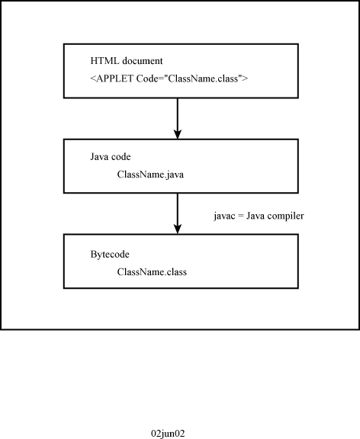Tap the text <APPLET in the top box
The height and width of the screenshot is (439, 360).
pos(111,79)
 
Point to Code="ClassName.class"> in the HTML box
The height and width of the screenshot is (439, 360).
pos(192,79)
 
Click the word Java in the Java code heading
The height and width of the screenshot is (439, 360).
pos(99,156)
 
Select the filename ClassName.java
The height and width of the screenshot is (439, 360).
pos(150,175)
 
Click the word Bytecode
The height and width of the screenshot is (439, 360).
pos(110,255)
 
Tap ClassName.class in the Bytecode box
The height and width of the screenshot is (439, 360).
pos(152,272)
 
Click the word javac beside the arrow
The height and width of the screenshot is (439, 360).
pos(224,216)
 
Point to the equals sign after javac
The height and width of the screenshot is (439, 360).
pos(241,216)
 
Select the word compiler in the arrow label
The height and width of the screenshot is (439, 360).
pos(286,216)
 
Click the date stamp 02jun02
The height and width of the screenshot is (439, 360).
pos(168,434)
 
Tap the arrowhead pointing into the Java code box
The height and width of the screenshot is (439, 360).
pos(178,134)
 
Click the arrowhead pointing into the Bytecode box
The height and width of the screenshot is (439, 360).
pos(178,229)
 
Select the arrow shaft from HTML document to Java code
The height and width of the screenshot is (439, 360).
pos(178,118)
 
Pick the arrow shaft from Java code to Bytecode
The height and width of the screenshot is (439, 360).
pos(178,213)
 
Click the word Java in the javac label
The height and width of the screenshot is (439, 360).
pos(256,216)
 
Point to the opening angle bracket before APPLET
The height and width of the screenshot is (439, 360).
pos(93,79)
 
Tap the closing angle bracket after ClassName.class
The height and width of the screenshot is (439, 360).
pos(245,79)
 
